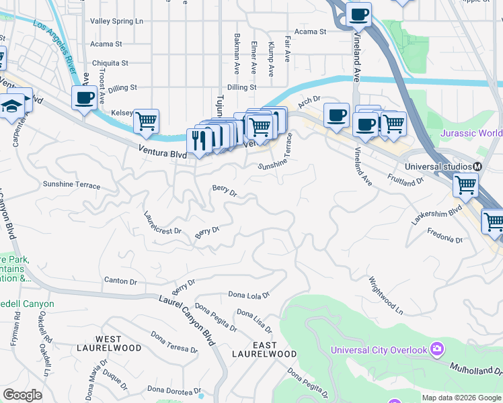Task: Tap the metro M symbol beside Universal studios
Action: coord(477,167)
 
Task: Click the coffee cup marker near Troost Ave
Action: coord(84,98)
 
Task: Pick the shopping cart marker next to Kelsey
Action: coord(145,122)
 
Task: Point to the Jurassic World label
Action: coord(471,133)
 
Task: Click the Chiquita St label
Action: coord(110,63)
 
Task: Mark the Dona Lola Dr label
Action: coord(248,294)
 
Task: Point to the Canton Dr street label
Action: coord(120,280)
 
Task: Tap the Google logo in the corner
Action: coord(22,395)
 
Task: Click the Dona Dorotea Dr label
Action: coord(175,389)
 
